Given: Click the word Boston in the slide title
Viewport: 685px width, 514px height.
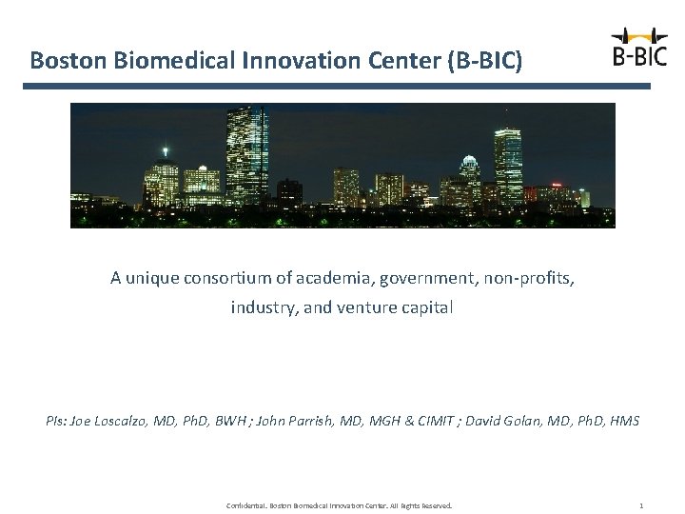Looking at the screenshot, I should point(68,61).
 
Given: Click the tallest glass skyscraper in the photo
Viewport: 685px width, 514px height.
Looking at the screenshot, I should point(246,157).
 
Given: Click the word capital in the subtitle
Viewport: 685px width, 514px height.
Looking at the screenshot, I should point(429,307).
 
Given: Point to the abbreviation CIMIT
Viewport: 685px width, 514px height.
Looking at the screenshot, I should point(423,420).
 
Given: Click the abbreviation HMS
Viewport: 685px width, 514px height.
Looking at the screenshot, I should point(624,420).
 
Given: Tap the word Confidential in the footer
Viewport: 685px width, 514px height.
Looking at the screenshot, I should point(246,504).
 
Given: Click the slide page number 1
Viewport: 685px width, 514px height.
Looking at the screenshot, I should point(641,504).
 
